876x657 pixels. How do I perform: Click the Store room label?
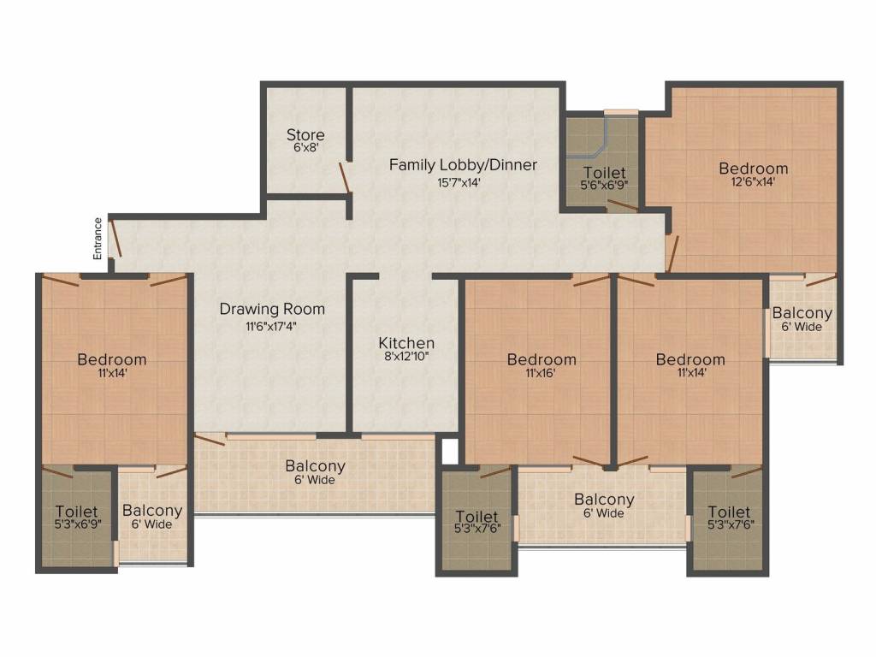305,134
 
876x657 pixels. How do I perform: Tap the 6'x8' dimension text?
305,148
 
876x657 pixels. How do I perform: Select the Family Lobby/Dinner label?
463,164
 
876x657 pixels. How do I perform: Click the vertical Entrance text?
98,239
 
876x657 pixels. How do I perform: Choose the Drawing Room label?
272,309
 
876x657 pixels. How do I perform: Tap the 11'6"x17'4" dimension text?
272,325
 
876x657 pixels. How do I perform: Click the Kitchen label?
406,343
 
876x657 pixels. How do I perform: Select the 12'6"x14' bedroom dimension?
753,181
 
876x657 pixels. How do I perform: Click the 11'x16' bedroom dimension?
541,373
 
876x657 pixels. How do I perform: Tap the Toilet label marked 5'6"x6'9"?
605,173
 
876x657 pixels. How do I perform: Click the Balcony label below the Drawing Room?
316,466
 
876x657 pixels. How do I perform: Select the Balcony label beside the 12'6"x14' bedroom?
802,313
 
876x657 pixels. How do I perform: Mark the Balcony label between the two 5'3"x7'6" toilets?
604,500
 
